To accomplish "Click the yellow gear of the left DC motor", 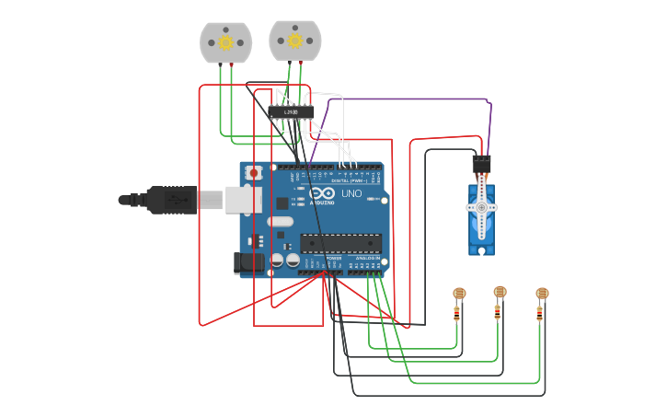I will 225,41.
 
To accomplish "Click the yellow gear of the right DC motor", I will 295,40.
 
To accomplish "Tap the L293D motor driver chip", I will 291,112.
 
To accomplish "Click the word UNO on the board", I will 351,194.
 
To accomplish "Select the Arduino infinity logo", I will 321,194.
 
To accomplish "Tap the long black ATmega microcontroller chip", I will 340,243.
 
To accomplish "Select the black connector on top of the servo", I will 481,166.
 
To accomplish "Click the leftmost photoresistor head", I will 459,294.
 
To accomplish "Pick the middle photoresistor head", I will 500,292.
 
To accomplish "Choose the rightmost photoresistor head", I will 542,294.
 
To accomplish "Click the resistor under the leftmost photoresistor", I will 457,314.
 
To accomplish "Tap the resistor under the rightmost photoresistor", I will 540,314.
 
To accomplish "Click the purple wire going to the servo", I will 414,98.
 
